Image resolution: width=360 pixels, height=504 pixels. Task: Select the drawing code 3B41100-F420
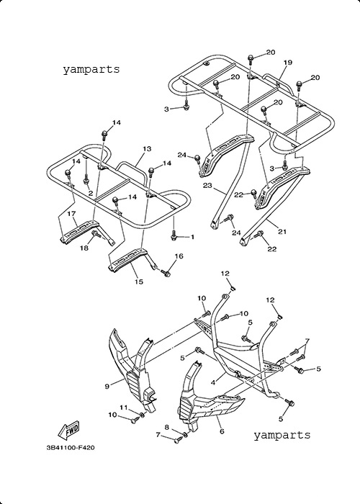[x=71, y=447]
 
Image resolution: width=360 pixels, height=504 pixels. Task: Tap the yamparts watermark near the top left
[x=91, y=69]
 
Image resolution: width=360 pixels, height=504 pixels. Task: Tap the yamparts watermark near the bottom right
[x=282, y=435]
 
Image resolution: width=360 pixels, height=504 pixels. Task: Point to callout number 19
[x=288, y=63]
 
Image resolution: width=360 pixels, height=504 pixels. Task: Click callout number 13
[x=147, y=149]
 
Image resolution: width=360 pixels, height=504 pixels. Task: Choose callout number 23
[x=207, y=186]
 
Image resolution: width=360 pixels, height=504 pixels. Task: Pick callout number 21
[x=282, y=232]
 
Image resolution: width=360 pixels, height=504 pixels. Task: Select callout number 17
[x=71, y=213]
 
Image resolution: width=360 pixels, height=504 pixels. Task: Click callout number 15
[x=138, y=282]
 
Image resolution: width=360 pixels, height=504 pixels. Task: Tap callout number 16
[x=179, y=256]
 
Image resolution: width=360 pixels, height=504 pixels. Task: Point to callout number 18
[x=84, y=248]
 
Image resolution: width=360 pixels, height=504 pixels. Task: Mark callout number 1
[x=192, y=237]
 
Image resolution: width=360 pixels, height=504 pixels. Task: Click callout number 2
[x=91, y=194]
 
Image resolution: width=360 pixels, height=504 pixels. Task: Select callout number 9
[x=107, y=387]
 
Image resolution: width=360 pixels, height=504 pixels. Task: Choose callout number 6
[x=222, y=431]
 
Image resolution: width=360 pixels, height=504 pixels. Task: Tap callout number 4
[x=213, y=383]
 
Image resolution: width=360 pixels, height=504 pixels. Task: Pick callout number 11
[x=124, y=408]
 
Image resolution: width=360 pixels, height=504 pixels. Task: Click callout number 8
[x=166, y=427]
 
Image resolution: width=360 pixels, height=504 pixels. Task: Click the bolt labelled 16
[x=166, y=274]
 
